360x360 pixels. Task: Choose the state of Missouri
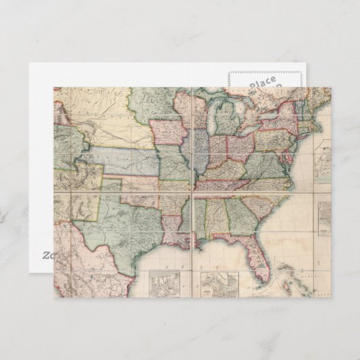173,164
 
